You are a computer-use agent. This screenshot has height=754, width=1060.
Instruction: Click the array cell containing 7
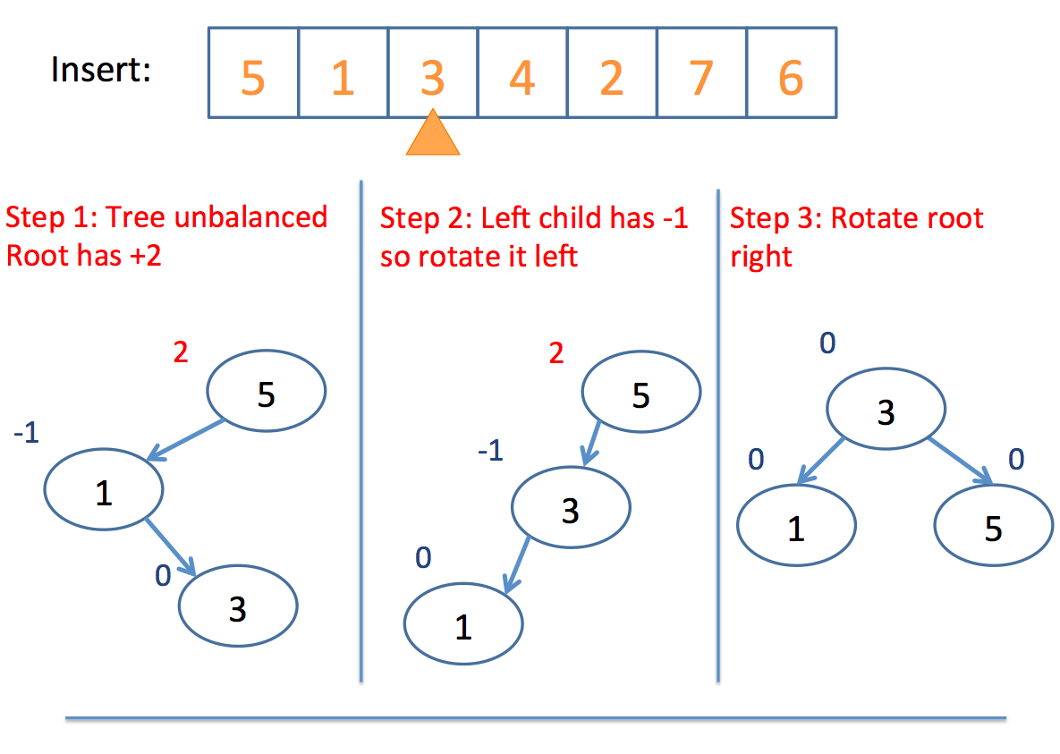point(701,73)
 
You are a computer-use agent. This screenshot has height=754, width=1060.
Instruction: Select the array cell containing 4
point(522,73)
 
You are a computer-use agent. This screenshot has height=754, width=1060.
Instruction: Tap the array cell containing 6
point(792,73)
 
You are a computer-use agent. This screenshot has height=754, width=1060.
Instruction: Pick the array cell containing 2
point(613,73)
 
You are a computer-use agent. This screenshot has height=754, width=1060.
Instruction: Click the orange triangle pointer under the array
point(433,135)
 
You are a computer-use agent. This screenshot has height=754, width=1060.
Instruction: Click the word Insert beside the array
point(101,70)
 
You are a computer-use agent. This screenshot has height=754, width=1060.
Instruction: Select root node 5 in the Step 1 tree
point(267,391)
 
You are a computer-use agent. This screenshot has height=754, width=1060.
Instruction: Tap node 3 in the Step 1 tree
point(238,606)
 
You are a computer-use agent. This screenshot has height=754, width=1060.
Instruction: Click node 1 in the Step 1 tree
point(104,489)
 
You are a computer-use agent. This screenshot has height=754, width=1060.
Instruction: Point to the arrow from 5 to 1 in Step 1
point(186,440)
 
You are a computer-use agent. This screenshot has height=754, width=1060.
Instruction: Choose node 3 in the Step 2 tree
point(572,507)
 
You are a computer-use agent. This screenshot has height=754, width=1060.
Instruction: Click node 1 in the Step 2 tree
point(463,623)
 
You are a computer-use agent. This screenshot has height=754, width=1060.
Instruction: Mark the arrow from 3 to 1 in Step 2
point(517,564)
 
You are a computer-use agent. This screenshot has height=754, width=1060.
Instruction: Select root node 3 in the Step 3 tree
point(886,409)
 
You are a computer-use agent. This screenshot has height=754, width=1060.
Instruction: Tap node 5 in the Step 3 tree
point(994,525)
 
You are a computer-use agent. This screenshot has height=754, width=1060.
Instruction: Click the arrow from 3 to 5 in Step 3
point(961,462)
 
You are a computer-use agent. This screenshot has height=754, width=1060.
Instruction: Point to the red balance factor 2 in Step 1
point(181,352)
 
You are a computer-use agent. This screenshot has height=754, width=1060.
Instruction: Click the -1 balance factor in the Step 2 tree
point(491,450)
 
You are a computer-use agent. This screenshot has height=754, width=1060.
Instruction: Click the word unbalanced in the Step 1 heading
point(250,217)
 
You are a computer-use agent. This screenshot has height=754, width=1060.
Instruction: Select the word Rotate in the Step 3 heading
point(873,217)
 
